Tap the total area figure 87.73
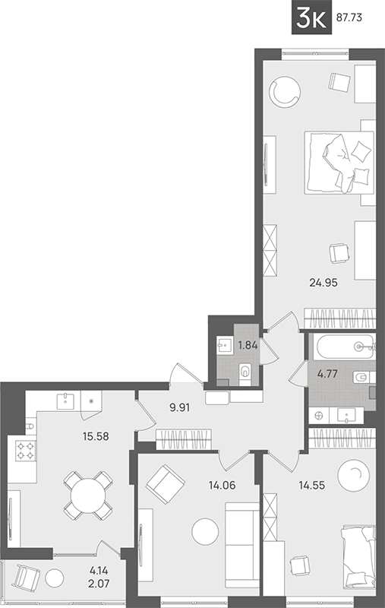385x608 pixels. click(x=349, y=17)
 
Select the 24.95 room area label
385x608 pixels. click(x=323, y=283)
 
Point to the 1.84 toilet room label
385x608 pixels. click(x=248, y=345)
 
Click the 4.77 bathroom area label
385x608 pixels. click(x=327, y=374)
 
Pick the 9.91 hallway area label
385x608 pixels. click(x=180, y=407)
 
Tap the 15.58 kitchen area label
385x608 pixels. click(x=96, y=436)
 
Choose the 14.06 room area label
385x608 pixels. click(x=222, y=485)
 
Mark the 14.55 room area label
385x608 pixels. click(x=312, y=485)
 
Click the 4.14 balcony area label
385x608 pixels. click(x=99, y=571)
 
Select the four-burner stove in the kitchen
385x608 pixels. click(x=26, y=451)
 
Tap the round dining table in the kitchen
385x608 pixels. click(x=89, y=496)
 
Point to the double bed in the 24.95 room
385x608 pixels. click(x=339, y=162)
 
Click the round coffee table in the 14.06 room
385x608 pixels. click(x=205, y=532)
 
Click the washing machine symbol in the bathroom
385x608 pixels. click(x=319, y=416)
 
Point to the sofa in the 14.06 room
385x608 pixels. click(x=242, y=546)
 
